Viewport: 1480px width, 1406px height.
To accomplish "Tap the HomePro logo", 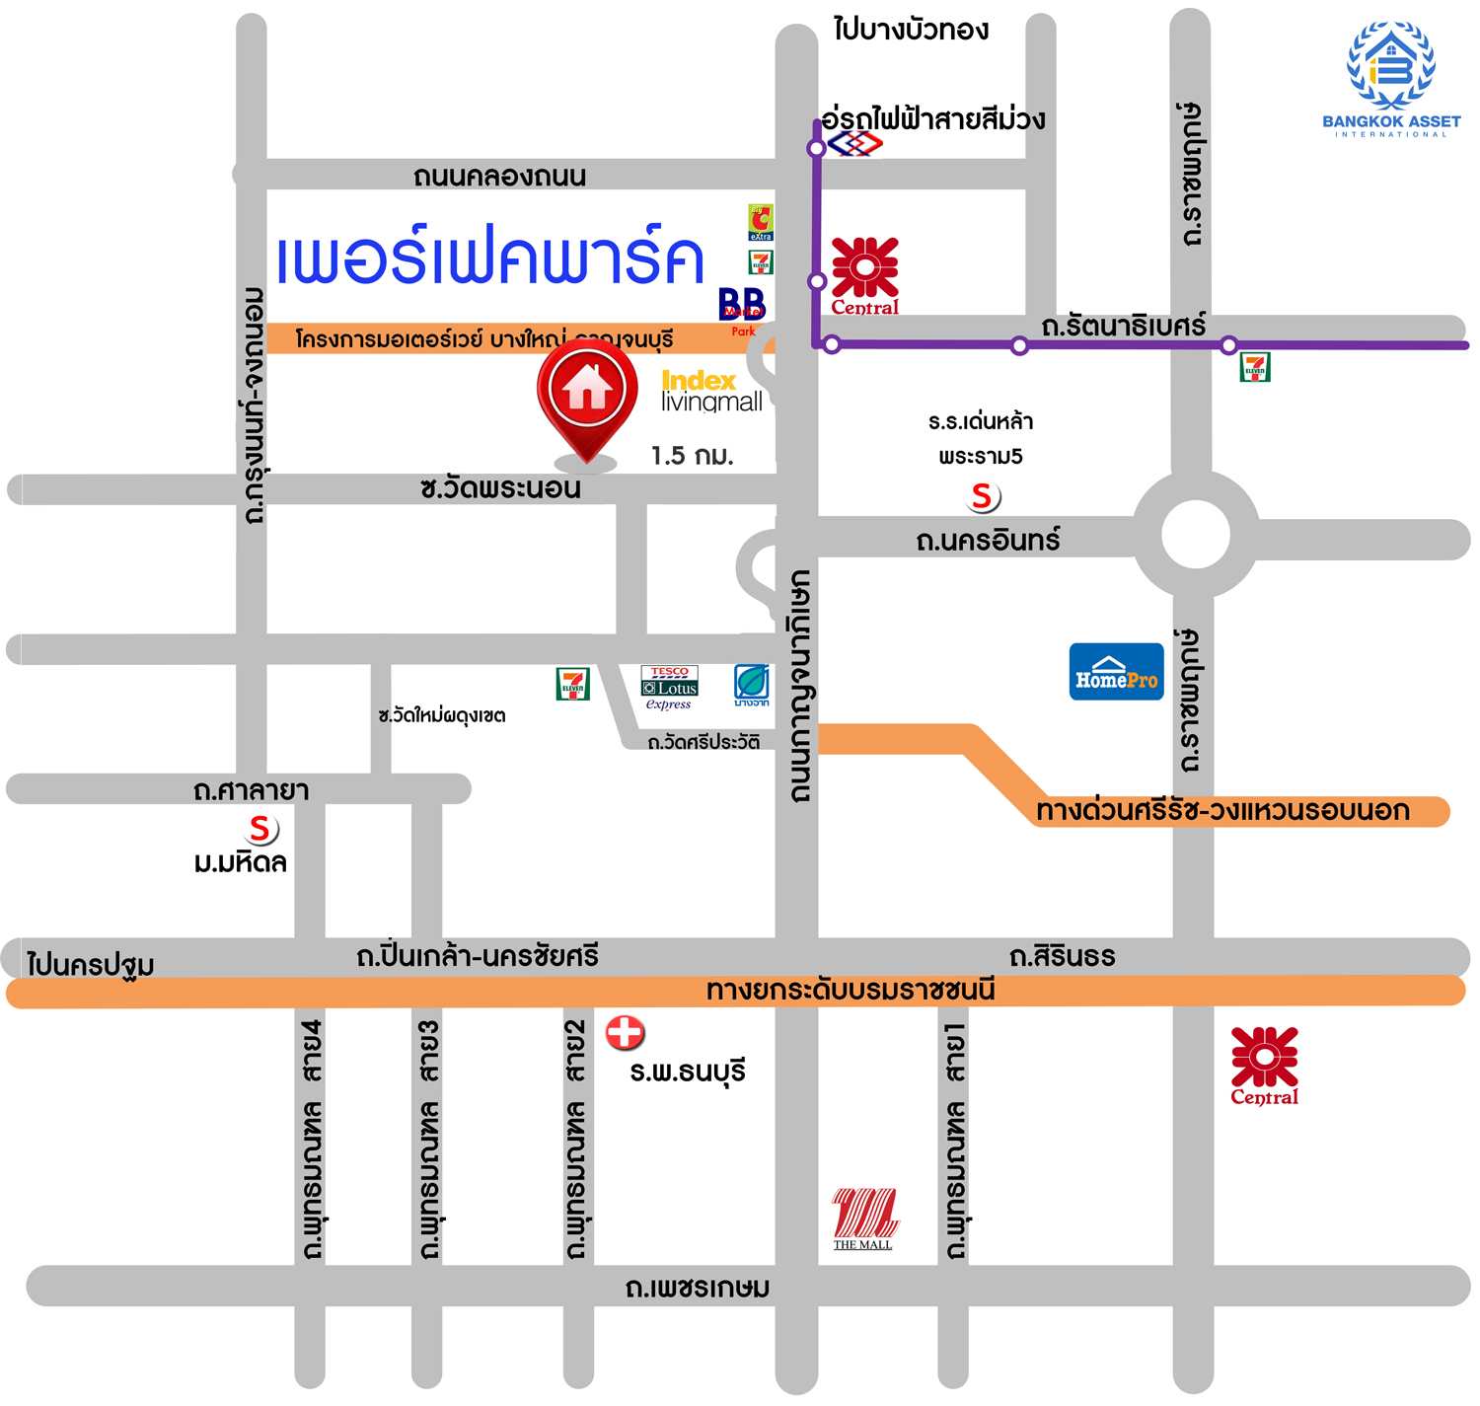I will (x=1116, y=672).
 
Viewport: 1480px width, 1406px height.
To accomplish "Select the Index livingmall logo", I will (x=711, y=391).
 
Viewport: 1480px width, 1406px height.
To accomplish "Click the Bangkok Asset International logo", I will (x=1391, y=79).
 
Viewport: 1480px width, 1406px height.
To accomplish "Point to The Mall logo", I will (x=864, y=1218).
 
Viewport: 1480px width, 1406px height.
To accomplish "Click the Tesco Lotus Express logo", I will (x=669, y=687).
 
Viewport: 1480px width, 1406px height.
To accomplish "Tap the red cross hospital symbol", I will (x=625, y=1032).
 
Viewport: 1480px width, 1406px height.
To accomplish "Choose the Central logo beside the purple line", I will (x=865, y=275).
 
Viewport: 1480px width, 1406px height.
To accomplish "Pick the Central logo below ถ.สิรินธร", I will (x=1264, y=1065).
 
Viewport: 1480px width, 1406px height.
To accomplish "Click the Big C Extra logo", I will (x=761, y=222).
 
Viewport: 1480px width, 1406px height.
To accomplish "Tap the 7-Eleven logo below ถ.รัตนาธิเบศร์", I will (x=1254, y=367).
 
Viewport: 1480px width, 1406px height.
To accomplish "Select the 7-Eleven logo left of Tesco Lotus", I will (x=572, y=683).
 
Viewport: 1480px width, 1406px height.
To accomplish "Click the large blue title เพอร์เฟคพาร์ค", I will (x=489, y=259).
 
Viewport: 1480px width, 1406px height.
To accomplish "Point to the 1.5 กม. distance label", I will (x=692, y=456).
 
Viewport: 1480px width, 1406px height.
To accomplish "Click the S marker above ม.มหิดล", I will (x=260, y=829).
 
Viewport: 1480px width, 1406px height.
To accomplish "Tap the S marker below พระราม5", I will (x=982, y=495).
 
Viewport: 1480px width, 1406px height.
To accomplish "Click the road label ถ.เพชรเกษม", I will (x=698, y=1288).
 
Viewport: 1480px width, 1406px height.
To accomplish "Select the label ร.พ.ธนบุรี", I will (x=688, y=1072).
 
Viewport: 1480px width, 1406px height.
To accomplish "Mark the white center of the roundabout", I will (x=1195, y=534).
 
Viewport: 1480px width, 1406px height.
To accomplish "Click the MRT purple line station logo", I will (x=854, y=144).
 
